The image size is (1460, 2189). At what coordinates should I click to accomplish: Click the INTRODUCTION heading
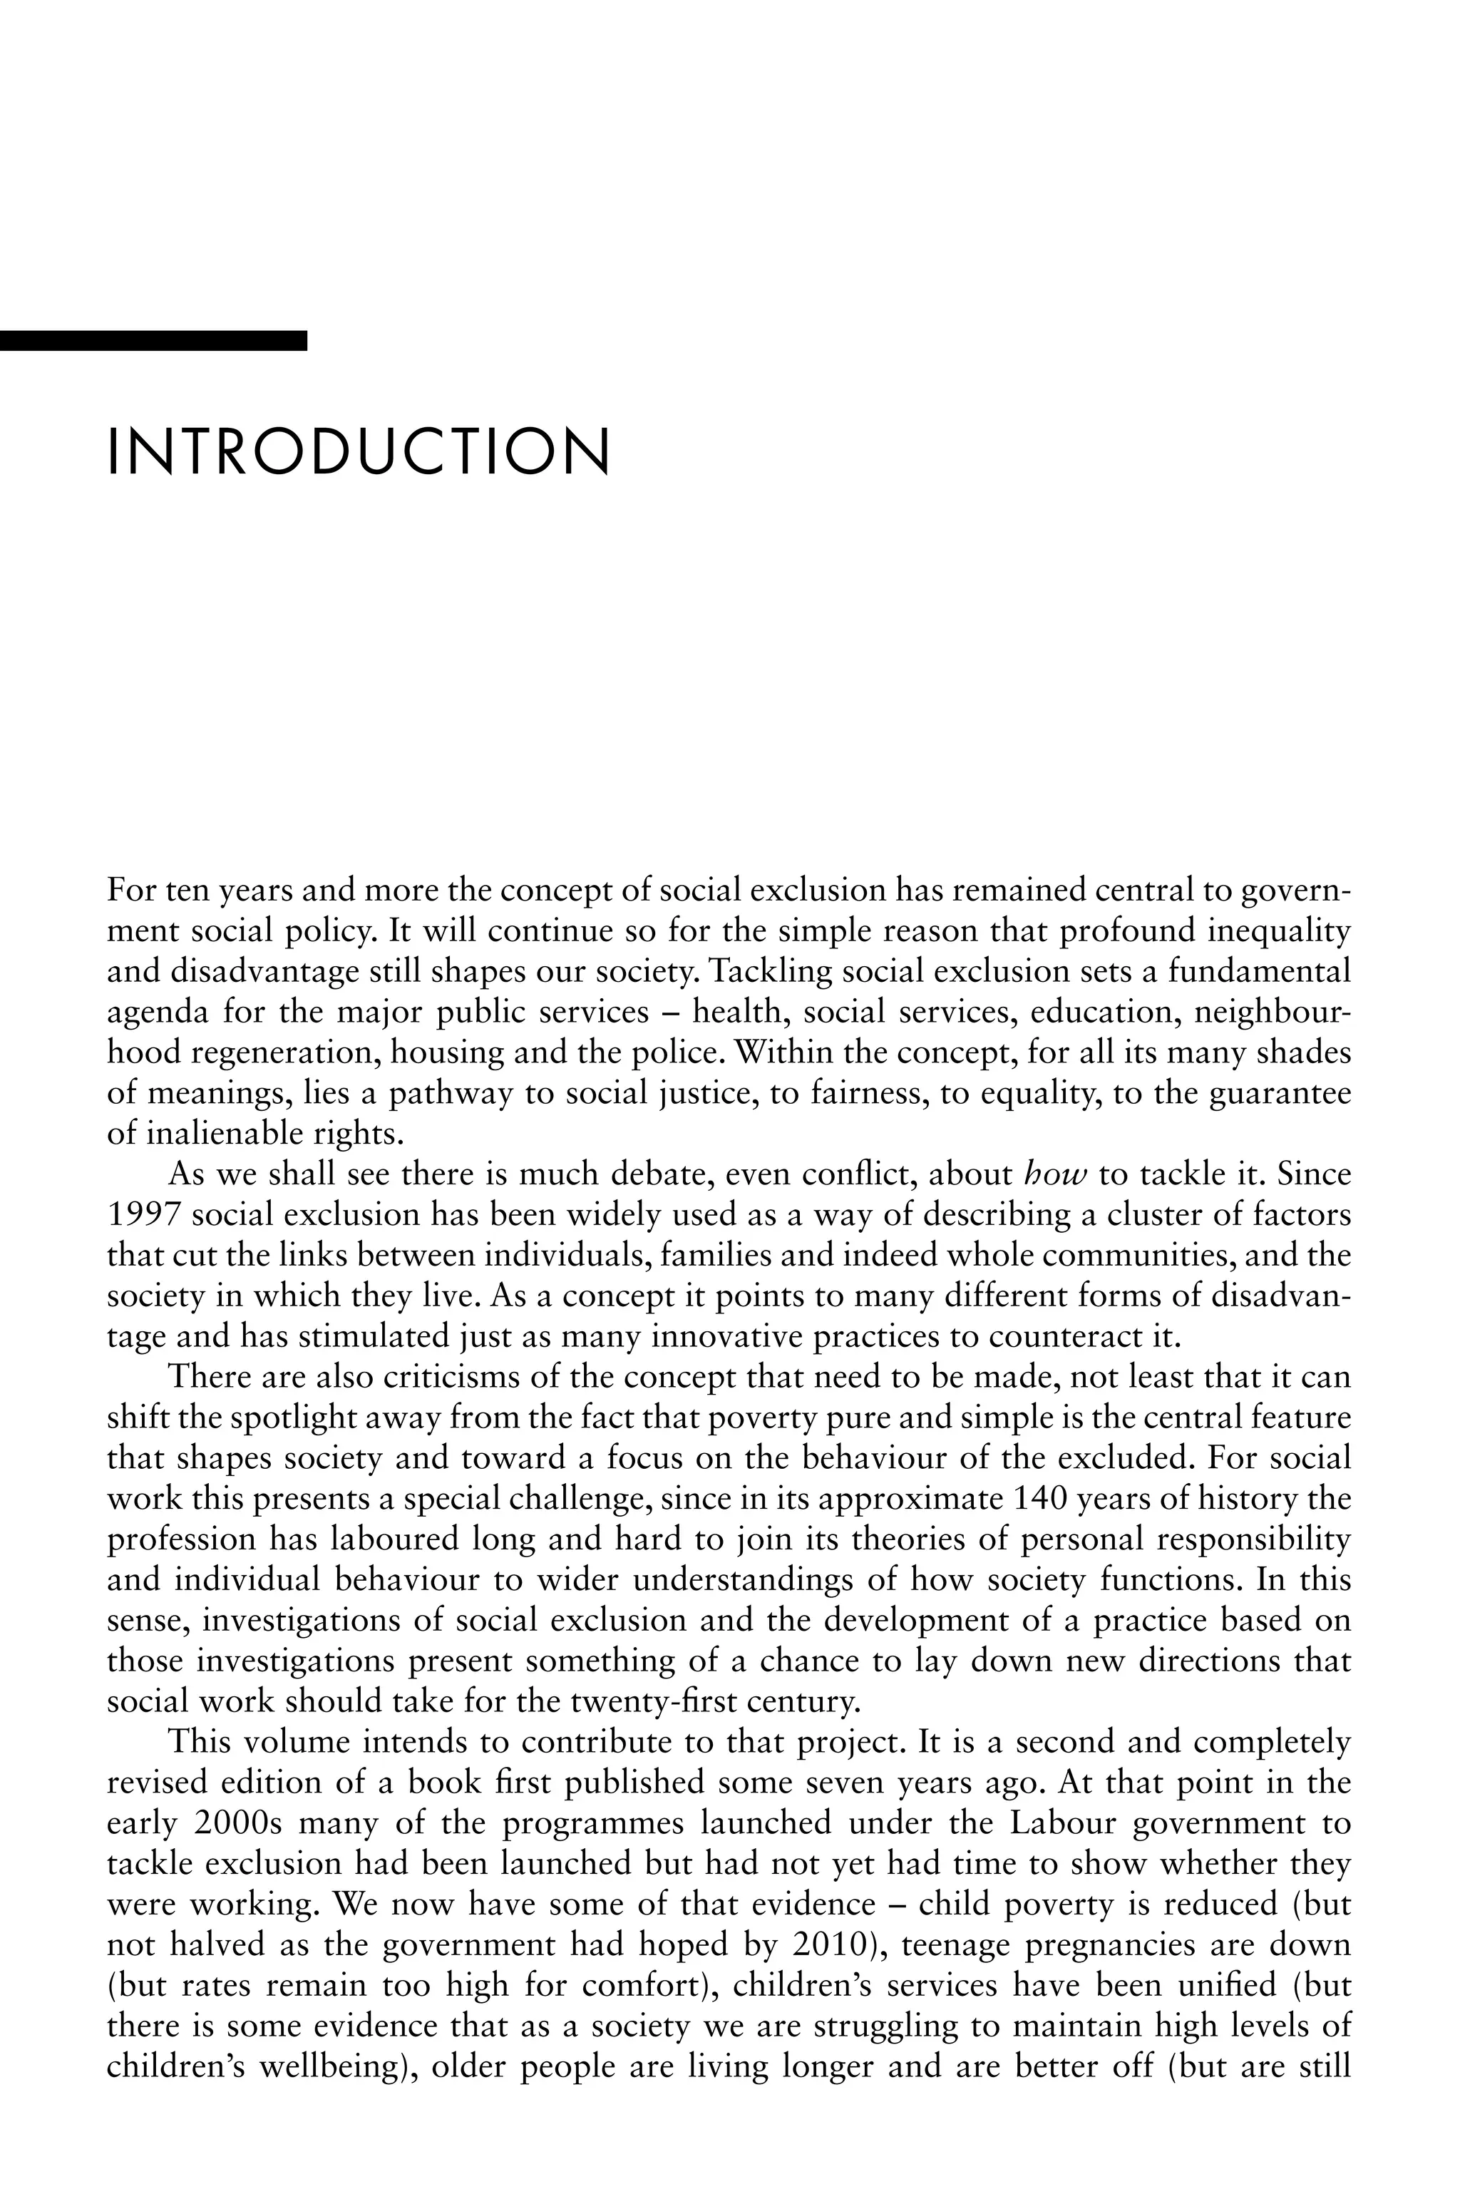pyautogui.click(x=359, y=453)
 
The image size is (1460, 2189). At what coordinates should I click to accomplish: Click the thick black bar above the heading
pyautogui.click(x=154, y=341)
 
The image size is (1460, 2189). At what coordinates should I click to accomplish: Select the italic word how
pyautogui.click(x=1055, y=1175)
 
